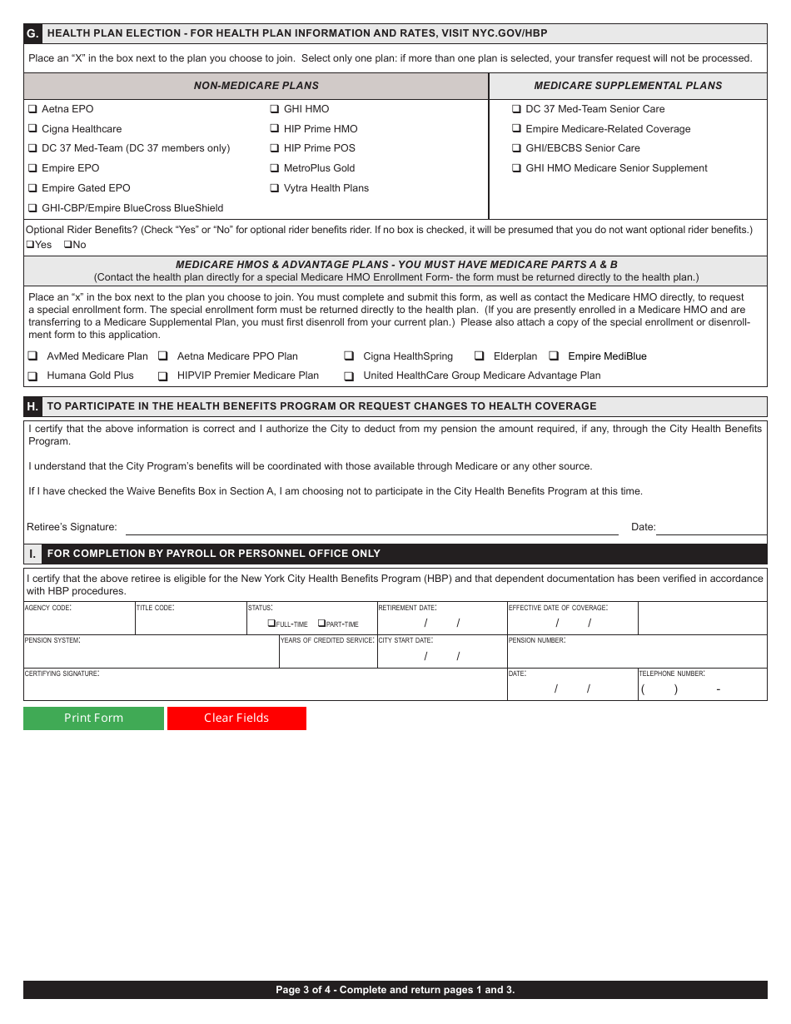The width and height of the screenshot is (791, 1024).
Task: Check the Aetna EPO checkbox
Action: pyautogui.click(x=32, y=109)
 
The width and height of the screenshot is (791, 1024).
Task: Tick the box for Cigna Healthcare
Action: pyautogui.click(x=32, y=129)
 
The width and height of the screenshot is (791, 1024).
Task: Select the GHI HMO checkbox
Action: pyautogui.click(x=275, y=109)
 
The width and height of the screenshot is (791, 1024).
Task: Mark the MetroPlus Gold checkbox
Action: pyautogui.click(x=275, y=168)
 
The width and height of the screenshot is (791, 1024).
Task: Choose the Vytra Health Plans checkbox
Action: pyautogui.click(x=275, y=188)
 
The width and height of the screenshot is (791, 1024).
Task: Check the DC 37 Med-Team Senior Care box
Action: pyautogui.click(x=516, y=109)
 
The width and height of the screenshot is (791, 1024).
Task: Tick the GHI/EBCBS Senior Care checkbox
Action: pyautogui.click(x=516, y=148)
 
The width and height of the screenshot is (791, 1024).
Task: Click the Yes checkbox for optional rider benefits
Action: pyautogui.click(x=30, y=245)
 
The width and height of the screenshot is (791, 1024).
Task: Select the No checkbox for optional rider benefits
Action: pyautogui.click(x=67, y=245)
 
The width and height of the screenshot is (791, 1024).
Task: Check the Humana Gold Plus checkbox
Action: pyautogui.click(x=32, y=376)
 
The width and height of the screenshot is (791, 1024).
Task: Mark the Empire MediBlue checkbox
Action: pyautogui.click(x=554, y=356)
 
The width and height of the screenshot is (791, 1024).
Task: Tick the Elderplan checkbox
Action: pyautogui.click(x=479, y=356)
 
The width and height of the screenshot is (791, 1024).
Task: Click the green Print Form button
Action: pyautogui.click(x=93, y=718)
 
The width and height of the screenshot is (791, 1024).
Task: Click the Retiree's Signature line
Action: pyautogui.click(x=371, y=527)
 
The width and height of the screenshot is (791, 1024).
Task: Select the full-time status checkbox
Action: pyautogui.click(x=271, y=624)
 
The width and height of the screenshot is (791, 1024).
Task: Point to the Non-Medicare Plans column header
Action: pyautogui.click(x=256, y=86)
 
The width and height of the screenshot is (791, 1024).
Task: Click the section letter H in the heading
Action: pyautogui.click(x=32, y=406)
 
